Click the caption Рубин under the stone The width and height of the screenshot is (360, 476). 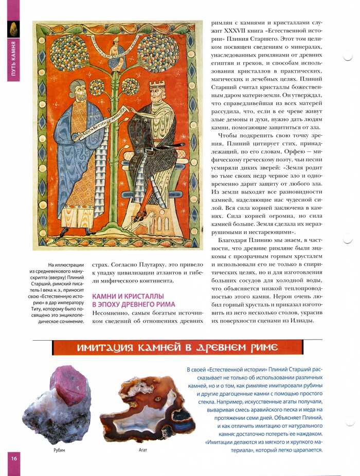59,450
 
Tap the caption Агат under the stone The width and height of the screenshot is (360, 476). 143,450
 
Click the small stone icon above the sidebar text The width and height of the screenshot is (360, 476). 12,29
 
